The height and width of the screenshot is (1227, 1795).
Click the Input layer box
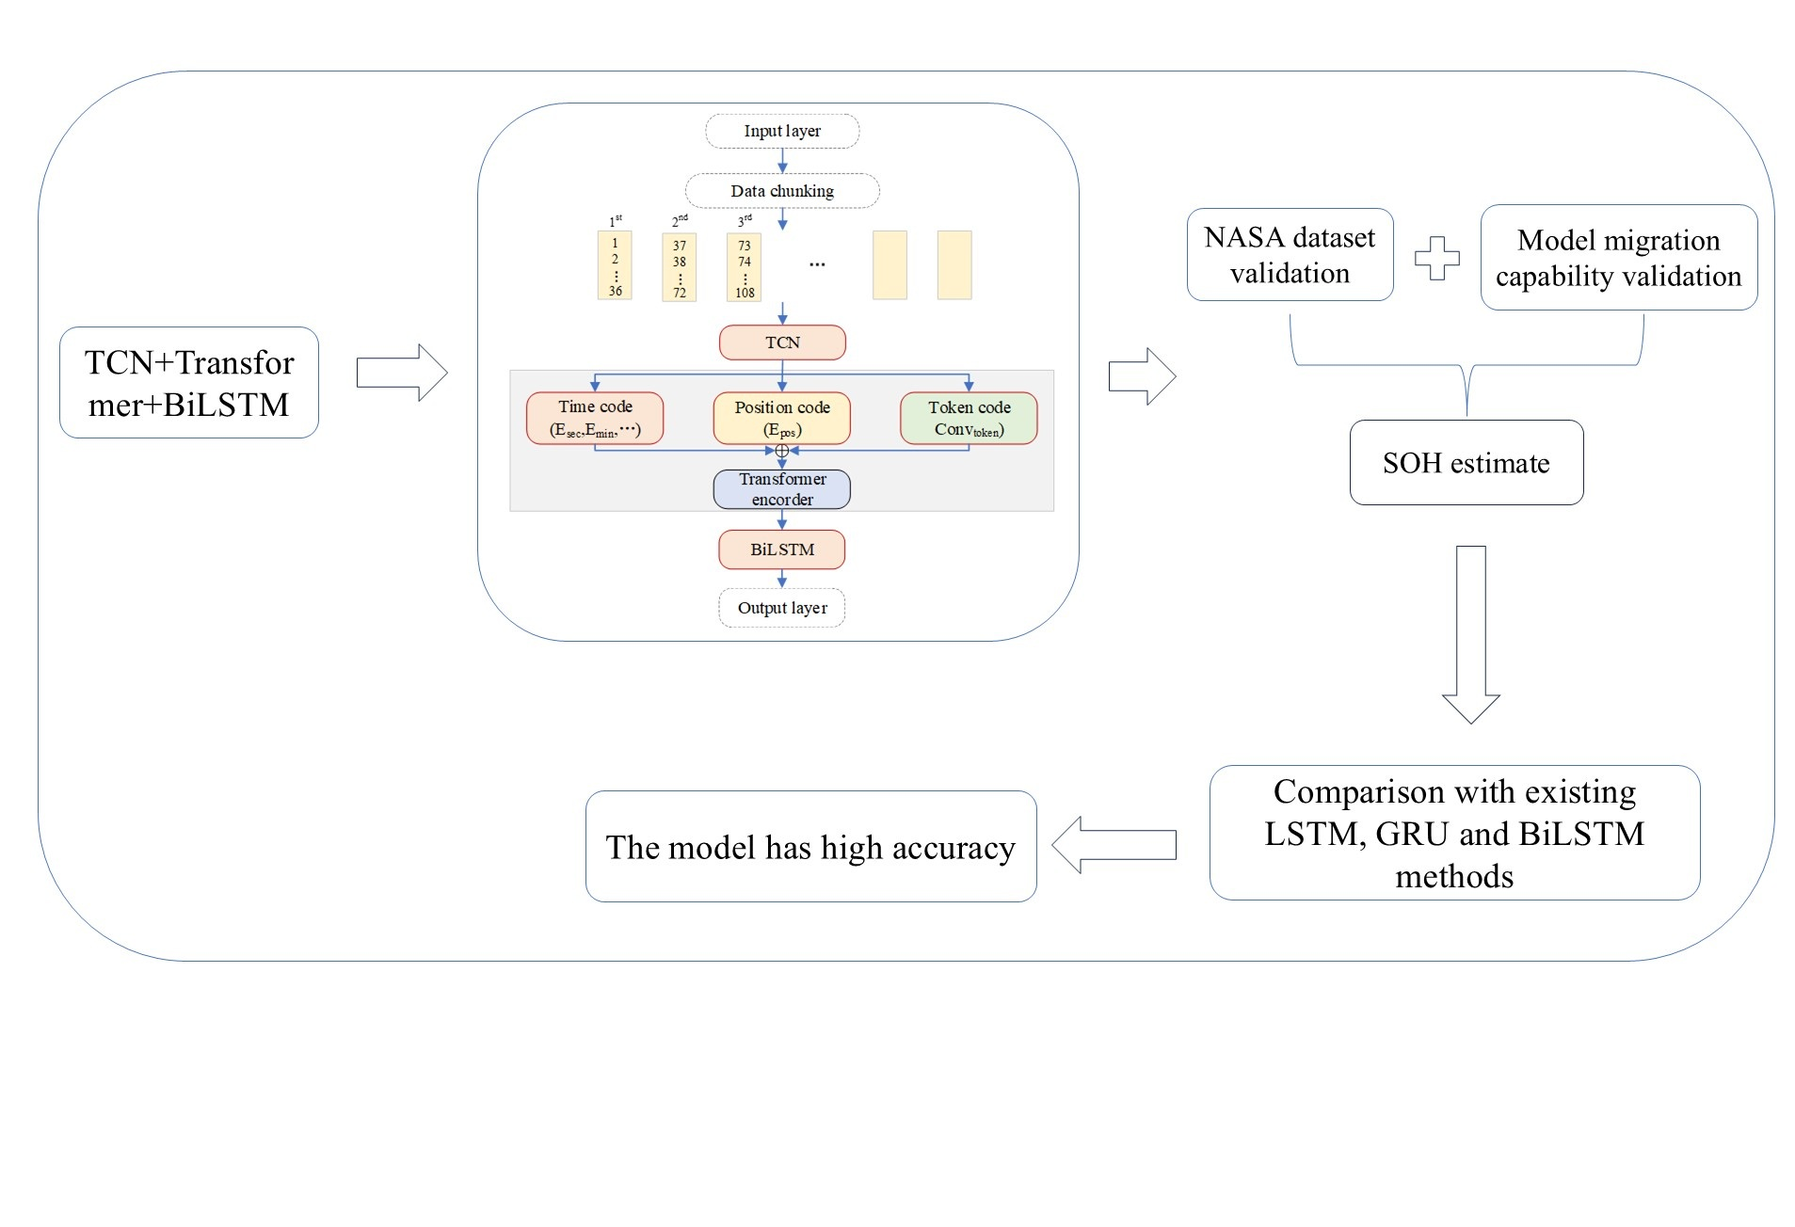pyautogui.click(x=781, y=131)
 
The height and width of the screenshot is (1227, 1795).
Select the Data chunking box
pyautogui.click(x=781, y=190)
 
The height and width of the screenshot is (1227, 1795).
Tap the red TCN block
pyautogui.click(x=782, y=343)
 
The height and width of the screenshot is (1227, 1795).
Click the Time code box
pyautogui.click(x=595, y=418)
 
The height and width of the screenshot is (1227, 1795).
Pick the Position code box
pyautogui.click(x=781, y=418)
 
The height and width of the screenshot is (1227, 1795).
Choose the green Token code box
pyautogui.click(x=969, y=418)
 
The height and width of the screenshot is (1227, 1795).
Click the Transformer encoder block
pyautogui.click(x=781, y=489)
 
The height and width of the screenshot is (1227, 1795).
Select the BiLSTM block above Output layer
pyautogui.click(x=781, y=550)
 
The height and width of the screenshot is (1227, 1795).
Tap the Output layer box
pyautogui.click(x=781, y=608)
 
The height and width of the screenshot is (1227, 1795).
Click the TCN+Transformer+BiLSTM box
pyautogui.click(x=189, y=383)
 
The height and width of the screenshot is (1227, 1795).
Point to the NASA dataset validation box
pyautogui.click(x=1290, y=255)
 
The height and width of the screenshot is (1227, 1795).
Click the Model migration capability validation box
pyautogui.click(x=1619, y=258)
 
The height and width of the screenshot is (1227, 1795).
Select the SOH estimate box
pyautogui.click(x=1466, y=463)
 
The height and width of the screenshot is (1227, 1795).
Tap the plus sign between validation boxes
pyautogui.click(x=1437, y=258)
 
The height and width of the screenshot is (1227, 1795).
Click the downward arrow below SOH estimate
pyautogui.click(x=1471, y=634)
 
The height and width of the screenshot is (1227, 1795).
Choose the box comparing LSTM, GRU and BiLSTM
pyautogui.click(x=1454, y=833)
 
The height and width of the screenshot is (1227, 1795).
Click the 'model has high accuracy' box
pyautogui.click(x=810, y=847)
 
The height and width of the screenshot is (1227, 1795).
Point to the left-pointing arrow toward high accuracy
pyautogui.click(x=1114, y=845)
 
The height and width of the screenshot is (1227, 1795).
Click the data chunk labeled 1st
pyautogui.click(x=615, y=265)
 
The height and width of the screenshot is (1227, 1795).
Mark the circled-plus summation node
pyautogui.click(x=781, y=451)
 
